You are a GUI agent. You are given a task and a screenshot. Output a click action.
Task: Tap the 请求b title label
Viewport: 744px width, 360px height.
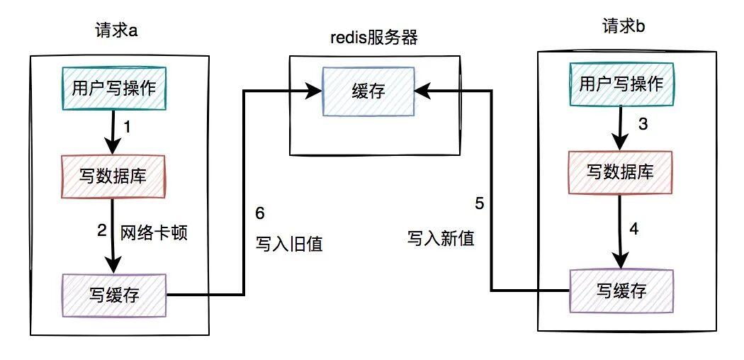621,27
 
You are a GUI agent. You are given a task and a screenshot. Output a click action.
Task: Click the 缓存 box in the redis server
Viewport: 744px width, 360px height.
368,91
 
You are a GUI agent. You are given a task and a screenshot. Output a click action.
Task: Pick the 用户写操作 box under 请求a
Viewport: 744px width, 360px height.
114,87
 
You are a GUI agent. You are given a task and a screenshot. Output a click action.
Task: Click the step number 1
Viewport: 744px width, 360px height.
128,128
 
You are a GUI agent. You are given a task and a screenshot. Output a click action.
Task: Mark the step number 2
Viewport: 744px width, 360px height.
102,230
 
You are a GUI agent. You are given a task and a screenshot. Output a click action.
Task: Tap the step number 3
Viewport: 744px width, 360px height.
643,125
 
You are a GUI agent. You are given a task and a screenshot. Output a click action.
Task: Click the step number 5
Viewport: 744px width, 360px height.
480,204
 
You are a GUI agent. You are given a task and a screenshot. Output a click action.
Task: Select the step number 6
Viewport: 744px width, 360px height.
259,214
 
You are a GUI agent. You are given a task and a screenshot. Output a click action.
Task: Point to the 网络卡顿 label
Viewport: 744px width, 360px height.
154,232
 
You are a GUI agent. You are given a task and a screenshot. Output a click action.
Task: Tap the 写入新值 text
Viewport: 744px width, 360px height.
441,237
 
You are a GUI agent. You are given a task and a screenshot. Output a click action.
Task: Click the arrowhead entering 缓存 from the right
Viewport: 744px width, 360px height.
421,90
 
